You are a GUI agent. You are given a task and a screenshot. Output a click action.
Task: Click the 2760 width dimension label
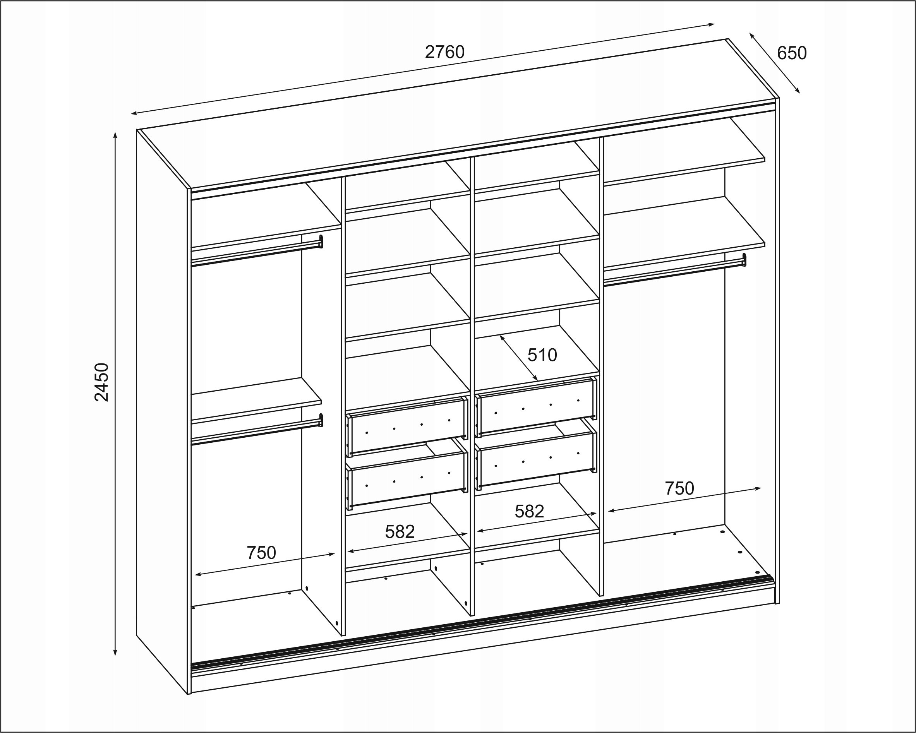[x=444, y=52]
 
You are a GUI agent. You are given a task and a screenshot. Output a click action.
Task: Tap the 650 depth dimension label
[x=791, y=53]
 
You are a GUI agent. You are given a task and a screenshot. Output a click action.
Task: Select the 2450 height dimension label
[x=102, y=382]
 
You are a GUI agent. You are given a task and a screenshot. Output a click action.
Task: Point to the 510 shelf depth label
[x=542, y=355]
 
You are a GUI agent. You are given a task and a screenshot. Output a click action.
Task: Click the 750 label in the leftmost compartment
[x=261, y=553]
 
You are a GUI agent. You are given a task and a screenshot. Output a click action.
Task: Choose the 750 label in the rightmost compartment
[x=679, y=489]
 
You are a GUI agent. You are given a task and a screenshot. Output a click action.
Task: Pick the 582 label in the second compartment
[x=400, y=532]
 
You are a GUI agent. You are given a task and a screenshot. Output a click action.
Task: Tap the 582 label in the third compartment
[x=529, y=512]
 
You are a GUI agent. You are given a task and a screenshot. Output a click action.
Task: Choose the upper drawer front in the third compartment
[x=536, y=407]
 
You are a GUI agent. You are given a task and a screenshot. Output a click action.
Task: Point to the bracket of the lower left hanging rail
[x=321, y=420]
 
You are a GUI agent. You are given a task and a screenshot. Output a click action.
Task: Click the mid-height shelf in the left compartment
[x=256, y=401]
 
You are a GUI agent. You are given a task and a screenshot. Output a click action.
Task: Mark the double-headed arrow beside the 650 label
[x=775, y=63]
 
